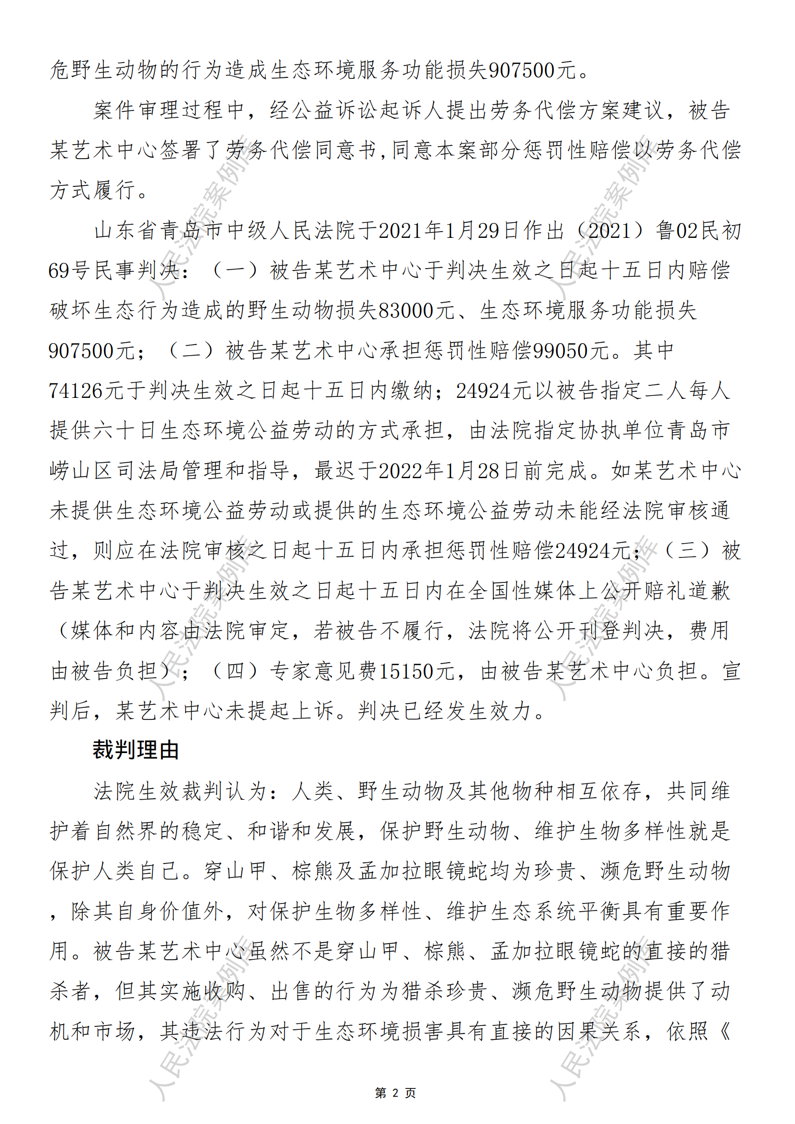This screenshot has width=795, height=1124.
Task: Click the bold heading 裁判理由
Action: click(136, 751)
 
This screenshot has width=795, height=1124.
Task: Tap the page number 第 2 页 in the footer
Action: click(395, 1093)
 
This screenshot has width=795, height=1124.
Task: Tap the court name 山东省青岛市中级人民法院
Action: click(226, 231)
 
